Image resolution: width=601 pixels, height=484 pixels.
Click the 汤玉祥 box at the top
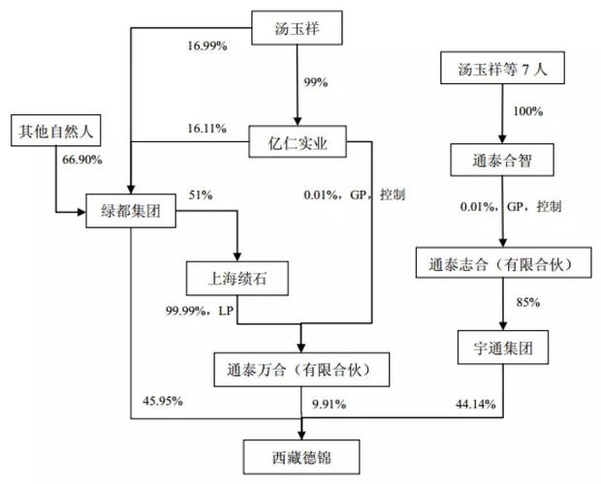[x=297, y=28]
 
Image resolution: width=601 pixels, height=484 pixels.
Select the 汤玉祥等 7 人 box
[x=502, y=68]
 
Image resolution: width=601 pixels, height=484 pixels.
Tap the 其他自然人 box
[x=56, y=130]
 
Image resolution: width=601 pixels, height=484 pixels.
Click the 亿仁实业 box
[x=298, y=141]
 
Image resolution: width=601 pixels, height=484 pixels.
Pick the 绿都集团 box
[x=131, y=211]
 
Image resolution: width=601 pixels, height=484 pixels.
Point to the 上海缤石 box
[x=237, y=278]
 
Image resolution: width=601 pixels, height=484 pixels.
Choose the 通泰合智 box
[x=502, y=160]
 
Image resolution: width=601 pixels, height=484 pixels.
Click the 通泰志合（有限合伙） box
[x=504, y=262]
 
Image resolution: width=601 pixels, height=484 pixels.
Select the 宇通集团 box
[x=503, y=348]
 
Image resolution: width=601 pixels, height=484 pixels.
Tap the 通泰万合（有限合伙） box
[x=301, y=370]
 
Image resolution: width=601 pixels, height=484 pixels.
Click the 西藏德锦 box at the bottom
[x=301, y=457]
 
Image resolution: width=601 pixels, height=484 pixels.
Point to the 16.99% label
[x=207, y=46]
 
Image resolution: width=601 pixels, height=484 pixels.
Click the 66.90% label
[x=82, y=160]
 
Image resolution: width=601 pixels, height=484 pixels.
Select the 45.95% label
[x=163, y=401]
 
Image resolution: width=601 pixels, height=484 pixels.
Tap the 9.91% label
[x=330, y=404]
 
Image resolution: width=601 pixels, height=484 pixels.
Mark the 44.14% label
[x=476, y=404]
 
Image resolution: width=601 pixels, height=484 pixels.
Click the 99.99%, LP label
[x=200, y=311]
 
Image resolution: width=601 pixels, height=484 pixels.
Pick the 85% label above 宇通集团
[x=528, y=302]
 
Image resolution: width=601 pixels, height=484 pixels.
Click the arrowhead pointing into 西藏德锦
[x=301, y=436]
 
